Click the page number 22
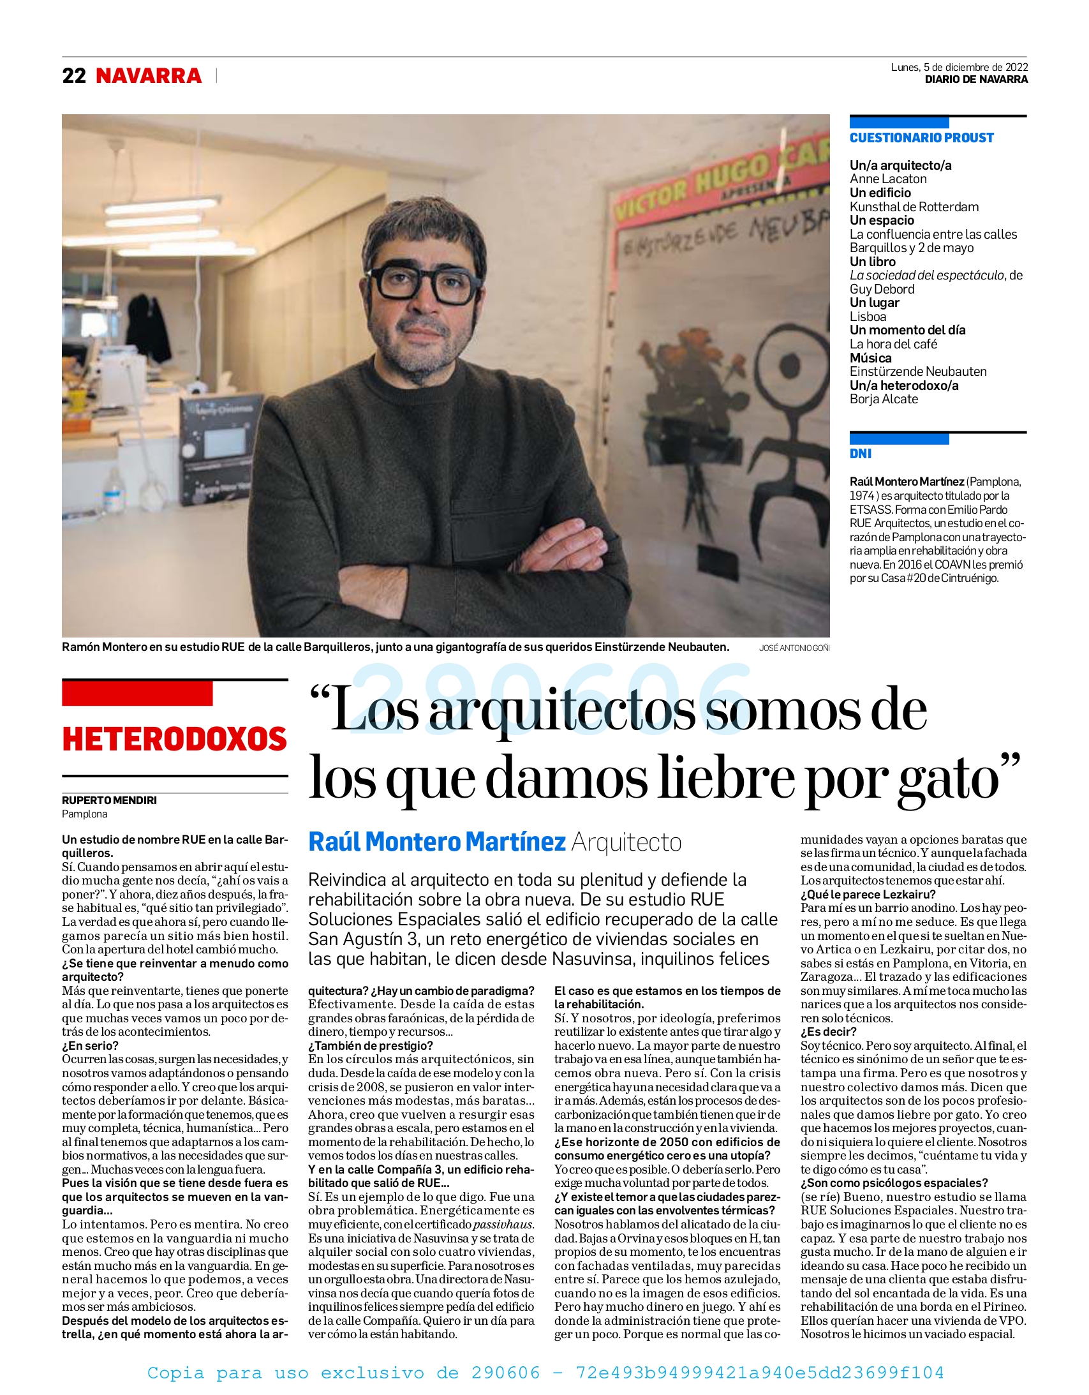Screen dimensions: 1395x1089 (73, 76)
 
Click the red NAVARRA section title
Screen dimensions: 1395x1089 (148, 76)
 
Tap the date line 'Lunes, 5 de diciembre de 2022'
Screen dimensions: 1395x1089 (959, 67)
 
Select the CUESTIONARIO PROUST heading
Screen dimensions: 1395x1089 (921, 138)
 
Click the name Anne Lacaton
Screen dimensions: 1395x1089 (887, 179)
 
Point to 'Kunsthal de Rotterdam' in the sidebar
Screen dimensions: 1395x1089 (914, 207)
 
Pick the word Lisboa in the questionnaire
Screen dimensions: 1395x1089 (868, 317)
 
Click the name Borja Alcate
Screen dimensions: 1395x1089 (884, 399)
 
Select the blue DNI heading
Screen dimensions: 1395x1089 (861, 454)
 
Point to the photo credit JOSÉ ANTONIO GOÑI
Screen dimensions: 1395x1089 (794, 648)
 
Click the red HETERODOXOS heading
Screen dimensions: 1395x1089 (174, 740)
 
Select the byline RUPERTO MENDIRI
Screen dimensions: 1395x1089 (109, 800)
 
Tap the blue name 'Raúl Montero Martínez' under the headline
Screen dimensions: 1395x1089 (437, 842)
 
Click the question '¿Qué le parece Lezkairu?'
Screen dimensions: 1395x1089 (868, 894)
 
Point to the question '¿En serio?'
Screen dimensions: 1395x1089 (90, 1045)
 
